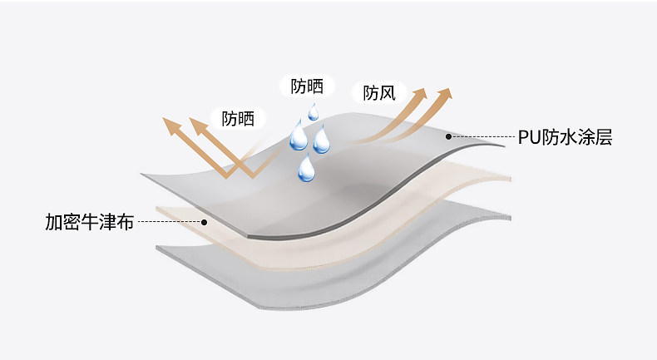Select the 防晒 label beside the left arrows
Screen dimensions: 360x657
tap(238, 119)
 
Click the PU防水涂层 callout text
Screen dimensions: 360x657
tap(565, 137)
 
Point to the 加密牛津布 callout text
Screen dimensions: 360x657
tap(89, 223)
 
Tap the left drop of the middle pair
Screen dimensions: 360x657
tap(298, 137)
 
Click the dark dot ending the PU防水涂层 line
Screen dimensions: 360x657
tap(449, 136)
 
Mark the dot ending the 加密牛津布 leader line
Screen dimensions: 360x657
tap(204, 222)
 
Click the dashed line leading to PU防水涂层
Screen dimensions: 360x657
tap(482, 137)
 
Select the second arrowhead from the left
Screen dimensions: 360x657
tap(198, 125)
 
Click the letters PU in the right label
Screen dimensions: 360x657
tap(528, 137)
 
